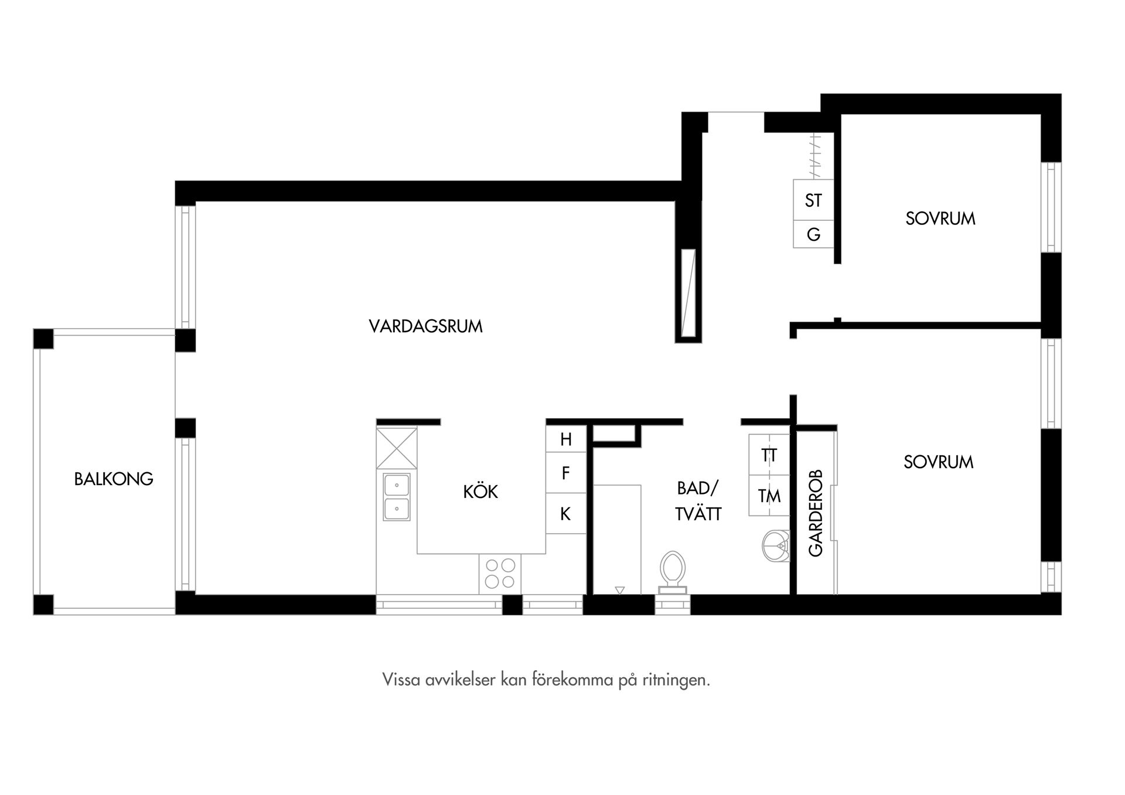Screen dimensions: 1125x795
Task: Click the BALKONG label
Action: point(114,479)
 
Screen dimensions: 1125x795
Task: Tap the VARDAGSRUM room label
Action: point(426,326)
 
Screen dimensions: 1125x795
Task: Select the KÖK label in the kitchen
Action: point(480,492)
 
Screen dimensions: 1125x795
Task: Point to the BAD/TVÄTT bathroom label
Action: point(698,501)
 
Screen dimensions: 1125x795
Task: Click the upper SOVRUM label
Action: point(940,219)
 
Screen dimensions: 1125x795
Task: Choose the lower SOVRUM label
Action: point(939,462)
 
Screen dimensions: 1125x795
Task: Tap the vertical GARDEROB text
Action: point(816,513)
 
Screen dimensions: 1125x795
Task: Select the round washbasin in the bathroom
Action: point(776,546)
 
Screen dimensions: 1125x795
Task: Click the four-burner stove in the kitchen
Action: point(500,574)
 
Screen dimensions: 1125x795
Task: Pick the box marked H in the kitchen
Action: point(566,439)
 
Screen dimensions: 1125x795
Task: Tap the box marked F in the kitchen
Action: point(566,473)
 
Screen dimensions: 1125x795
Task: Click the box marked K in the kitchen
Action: point(566,514)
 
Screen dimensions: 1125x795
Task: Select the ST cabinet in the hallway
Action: point(813,200)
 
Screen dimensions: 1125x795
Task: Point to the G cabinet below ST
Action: point(813,234)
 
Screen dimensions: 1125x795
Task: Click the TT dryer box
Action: point(769,455)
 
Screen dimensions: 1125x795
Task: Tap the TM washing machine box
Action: point(769,496)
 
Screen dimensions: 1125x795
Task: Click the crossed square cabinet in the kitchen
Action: point(397,448)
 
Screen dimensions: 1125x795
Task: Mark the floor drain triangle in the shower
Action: point(620,590)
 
